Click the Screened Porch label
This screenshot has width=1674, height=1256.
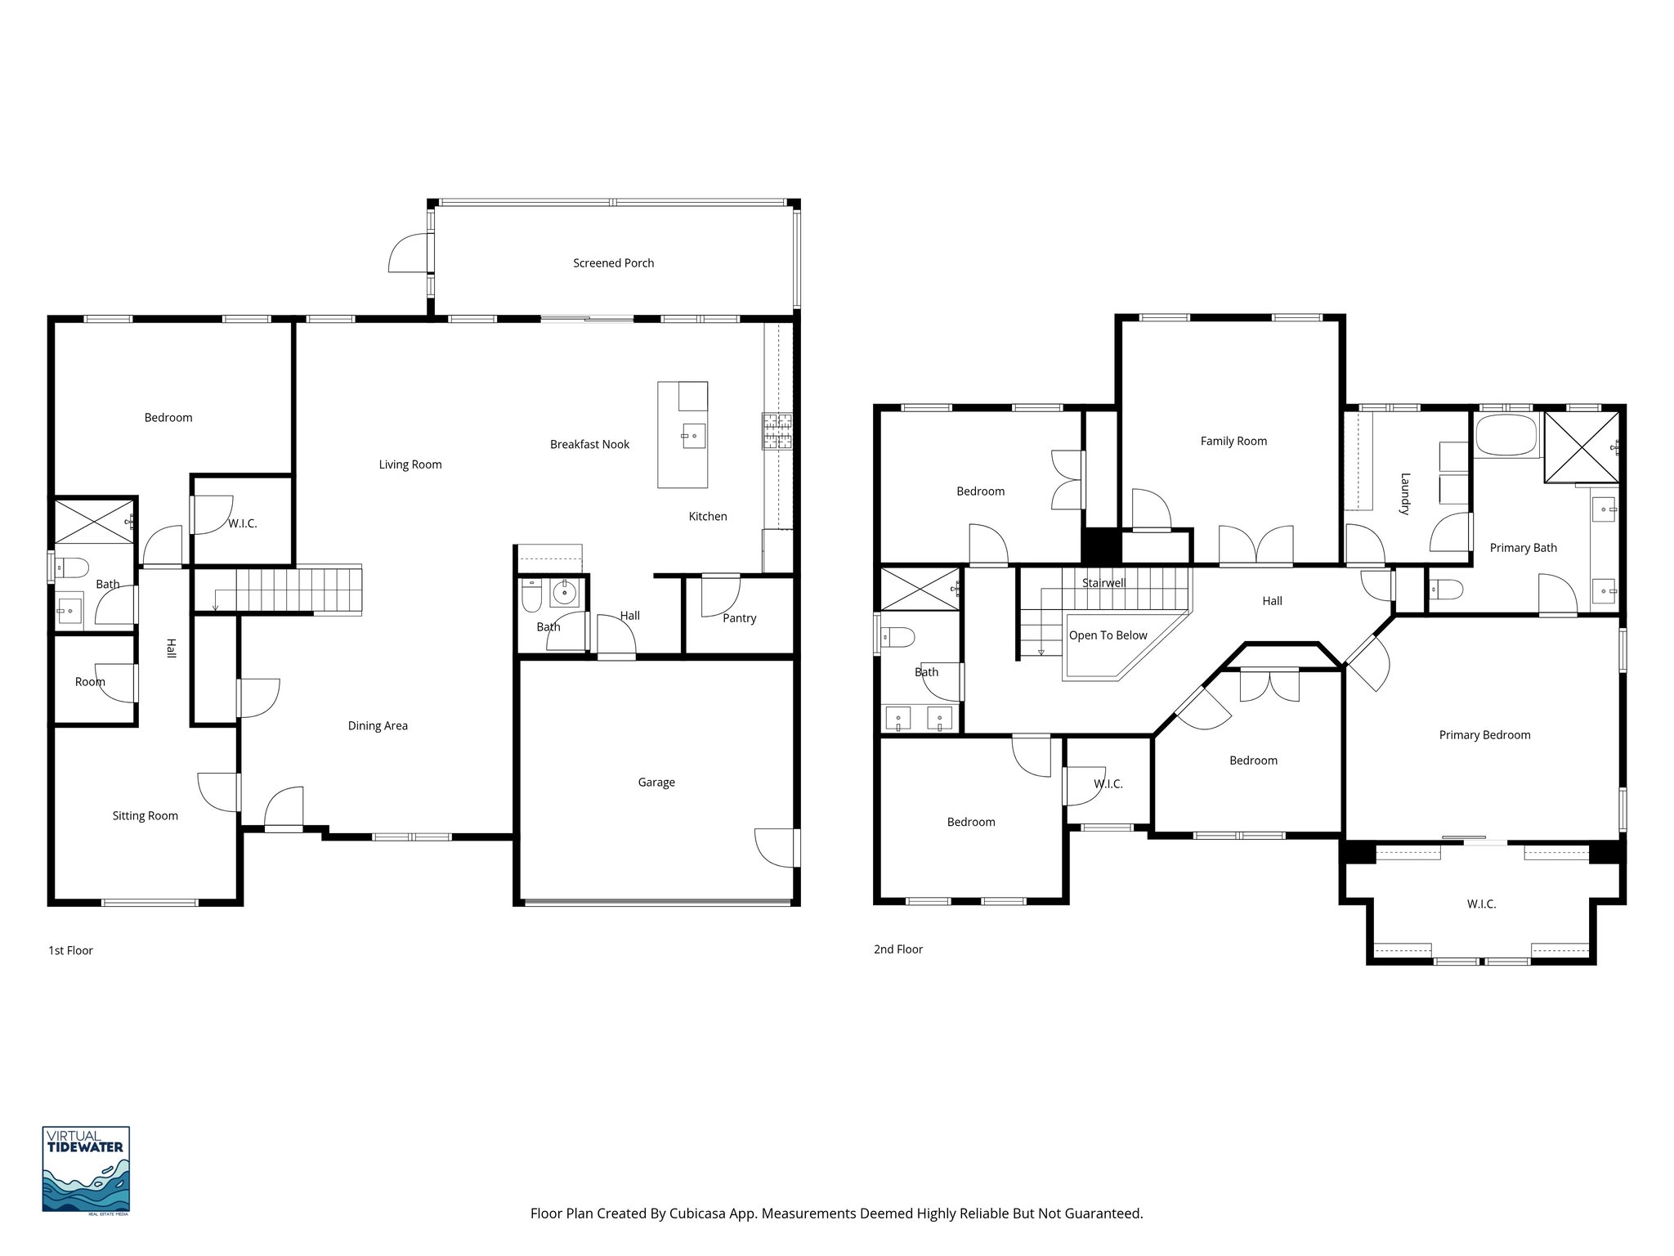click(613, 263)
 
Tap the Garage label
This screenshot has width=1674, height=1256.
click(656, 783)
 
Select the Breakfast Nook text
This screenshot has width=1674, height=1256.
click(589, 445)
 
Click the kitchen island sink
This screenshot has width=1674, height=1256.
click(692, 435)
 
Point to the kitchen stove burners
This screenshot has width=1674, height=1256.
click(777, 432)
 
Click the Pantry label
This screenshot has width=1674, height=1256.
click(739, 618)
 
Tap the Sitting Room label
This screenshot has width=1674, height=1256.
click(145, 816)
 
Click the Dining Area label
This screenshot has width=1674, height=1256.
click(378, 726)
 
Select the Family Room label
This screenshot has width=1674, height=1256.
click(1233, 442)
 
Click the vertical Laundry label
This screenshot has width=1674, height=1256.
click(1405, 494)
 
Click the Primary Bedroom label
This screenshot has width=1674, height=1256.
click(1484, 735)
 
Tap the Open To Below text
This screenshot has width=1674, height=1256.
click(1108, 635)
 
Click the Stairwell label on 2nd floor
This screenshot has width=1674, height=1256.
click(1103, 583)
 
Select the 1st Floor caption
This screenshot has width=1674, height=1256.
click(71, 951)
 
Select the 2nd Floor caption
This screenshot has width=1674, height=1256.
click(898, 949)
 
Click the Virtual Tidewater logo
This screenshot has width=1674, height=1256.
click(86, 1169)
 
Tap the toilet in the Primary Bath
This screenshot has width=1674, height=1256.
click(1445, 589)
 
